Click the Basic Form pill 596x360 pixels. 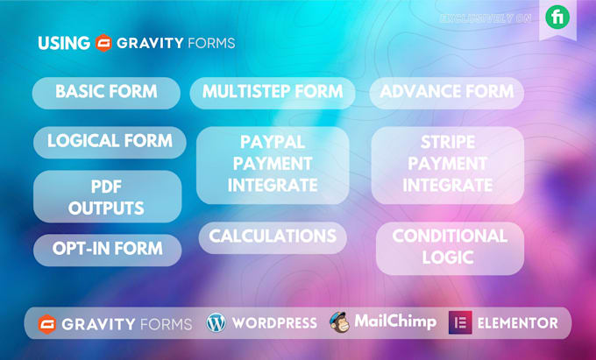point(106,92)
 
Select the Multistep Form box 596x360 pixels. point(273,92)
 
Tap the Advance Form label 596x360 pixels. point(446,92)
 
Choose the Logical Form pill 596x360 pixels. point(110,141)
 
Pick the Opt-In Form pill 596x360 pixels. point(108,249)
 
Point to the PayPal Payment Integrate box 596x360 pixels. point(273,164)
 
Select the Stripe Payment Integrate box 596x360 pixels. point(448,164)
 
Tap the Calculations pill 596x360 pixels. point(273,236)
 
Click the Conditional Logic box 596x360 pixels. point(450,247)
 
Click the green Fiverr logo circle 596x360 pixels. point(557,17)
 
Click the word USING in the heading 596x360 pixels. point(64,42)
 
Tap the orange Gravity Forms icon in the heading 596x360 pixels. point(104,42)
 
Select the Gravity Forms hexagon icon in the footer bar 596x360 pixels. point(46,323)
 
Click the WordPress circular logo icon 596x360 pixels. point(216,322)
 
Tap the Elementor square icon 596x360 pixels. point(459,322)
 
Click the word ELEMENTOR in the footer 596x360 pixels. point(517,322)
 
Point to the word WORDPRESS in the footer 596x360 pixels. point(273,323)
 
